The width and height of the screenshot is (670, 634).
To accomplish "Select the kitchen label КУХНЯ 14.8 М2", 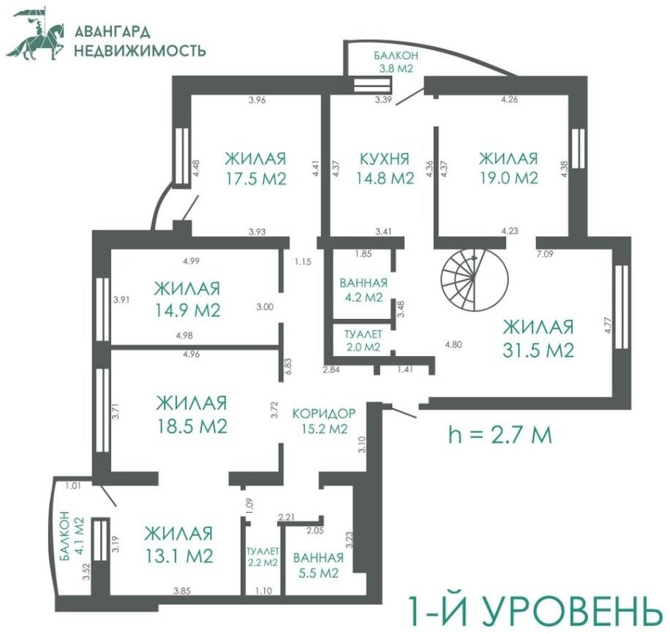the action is (x=385, y=168).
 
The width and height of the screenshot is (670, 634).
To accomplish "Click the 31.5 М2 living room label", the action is (x=538, y=339).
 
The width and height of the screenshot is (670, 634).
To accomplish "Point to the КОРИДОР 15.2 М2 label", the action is (x=323, y=420).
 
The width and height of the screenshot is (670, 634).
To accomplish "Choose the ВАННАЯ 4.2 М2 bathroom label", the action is (x=364, y=290).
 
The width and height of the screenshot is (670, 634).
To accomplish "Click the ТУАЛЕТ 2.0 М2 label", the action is (x=363, y=341).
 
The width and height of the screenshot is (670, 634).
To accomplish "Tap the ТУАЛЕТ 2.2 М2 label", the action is (x=263, y=556).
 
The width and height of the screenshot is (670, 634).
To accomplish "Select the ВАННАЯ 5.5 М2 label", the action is (x=318, y=565).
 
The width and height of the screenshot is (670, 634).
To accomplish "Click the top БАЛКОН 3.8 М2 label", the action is (x=396, y=61).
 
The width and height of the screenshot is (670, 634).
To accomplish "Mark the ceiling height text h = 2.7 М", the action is (x=500, y=435).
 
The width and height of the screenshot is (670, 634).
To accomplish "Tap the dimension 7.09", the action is (x=545, y=254).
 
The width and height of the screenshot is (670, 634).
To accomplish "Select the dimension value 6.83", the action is (x=287, y=366).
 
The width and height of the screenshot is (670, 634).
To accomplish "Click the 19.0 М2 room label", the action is (x=508, y=168).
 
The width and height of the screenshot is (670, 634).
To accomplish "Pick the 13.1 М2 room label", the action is (x=178, y=545).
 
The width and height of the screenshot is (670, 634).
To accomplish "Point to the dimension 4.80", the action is (x=453, y=344).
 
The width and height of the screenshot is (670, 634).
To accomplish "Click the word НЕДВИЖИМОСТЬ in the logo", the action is (x=140, y=51).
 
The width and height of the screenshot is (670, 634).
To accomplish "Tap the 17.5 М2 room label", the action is (x=255, y=168).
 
